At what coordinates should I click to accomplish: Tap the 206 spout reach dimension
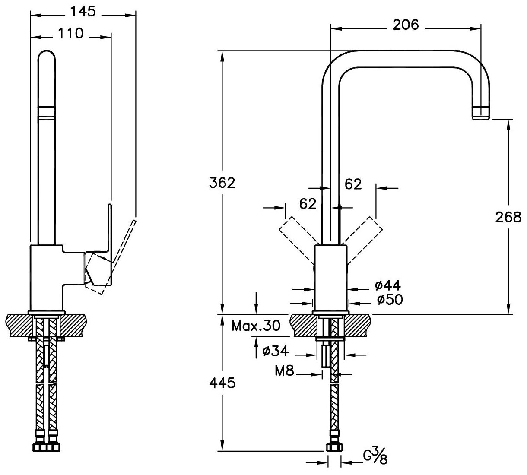[x=406, y=25]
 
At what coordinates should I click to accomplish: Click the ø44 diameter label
[x=388, y=285]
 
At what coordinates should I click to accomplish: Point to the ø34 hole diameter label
[x=275, y=351]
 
